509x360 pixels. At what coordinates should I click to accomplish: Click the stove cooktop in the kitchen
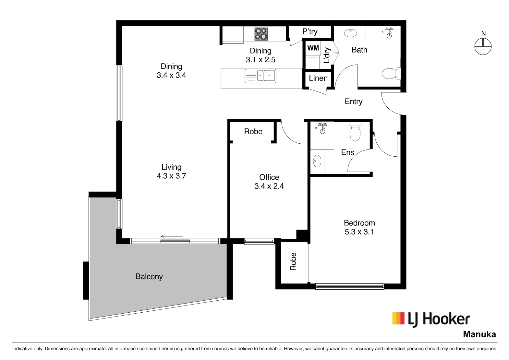tap(261, 34)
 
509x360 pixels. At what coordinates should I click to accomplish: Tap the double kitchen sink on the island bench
tap(261, 76)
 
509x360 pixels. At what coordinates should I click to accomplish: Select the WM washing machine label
tap(313, 48)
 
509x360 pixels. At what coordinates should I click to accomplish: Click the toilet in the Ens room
tap(355, 131)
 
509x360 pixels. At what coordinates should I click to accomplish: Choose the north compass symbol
tap(483, 47)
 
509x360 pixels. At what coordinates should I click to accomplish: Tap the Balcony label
tap(149, 277)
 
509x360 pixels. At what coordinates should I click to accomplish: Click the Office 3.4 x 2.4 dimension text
tap(269, 182)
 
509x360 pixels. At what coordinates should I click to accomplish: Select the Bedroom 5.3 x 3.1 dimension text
tap(359, 227)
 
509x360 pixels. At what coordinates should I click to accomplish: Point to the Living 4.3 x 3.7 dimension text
tap(171, 172)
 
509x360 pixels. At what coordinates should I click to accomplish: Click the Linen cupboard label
tap(318, 78)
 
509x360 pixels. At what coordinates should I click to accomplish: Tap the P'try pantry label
tap(310, 31)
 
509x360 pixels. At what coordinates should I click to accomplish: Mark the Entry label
tap(354, 102)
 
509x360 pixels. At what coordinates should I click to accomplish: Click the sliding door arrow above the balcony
tap(172, 236)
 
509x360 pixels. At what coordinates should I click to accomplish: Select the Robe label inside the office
tap(253, 131)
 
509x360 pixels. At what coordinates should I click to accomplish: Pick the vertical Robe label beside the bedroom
tap(293, 261)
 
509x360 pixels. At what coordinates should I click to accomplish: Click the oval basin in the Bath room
tap(350, 33)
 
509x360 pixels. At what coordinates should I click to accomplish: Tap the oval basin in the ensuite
tap(317, 161)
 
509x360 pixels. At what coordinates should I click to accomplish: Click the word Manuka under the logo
tap(479, 334)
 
